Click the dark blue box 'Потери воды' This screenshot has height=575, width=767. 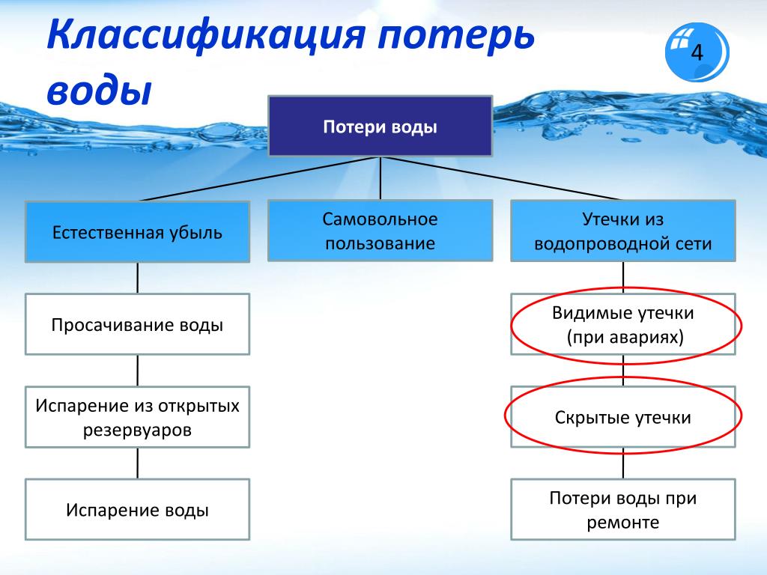(380, 126)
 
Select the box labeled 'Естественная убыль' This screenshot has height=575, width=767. (138, 232)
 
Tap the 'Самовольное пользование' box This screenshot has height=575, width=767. (380, 231)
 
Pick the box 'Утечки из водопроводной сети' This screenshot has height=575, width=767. (622, 231)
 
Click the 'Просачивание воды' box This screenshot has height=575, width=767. (138, 324)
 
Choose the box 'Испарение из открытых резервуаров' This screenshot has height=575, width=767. (138, 417)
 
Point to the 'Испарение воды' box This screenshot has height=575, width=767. (138, 509)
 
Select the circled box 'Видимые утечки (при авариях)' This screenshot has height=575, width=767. (622, 324)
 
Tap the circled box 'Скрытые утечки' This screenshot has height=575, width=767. (622, 417)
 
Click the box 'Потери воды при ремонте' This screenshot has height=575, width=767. (622, 509)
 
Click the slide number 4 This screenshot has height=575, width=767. (697, 52)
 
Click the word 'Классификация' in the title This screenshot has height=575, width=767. (206, 35)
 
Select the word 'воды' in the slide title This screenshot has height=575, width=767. (100, 90)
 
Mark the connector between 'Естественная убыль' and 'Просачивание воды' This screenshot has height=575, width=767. (138, 278)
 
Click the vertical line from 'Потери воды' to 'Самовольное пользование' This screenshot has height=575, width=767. (380, 178)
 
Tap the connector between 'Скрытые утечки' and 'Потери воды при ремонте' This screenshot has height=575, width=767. (622, 463)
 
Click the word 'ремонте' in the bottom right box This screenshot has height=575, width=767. (622, 523)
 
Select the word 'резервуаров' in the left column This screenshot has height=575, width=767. (137, 431)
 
